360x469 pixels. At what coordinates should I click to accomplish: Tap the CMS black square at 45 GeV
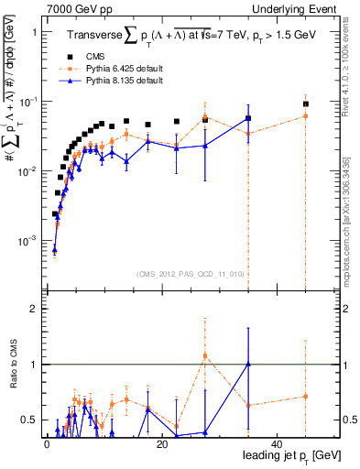point(306,104)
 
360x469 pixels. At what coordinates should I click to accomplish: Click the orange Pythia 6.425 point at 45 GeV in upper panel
point(306,116)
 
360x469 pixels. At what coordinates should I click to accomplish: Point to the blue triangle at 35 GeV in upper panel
point(248,118)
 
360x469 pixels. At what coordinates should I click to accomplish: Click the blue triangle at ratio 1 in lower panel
point(248,365)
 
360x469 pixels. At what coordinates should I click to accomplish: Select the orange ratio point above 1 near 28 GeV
point(205,355)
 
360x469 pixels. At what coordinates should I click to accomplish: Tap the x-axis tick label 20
point(161,444)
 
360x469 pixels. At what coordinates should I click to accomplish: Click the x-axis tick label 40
point(277,444)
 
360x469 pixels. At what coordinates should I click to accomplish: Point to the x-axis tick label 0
point(46,444)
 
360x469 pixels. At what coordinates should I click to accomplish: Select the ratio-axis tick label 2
point(35,310)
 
